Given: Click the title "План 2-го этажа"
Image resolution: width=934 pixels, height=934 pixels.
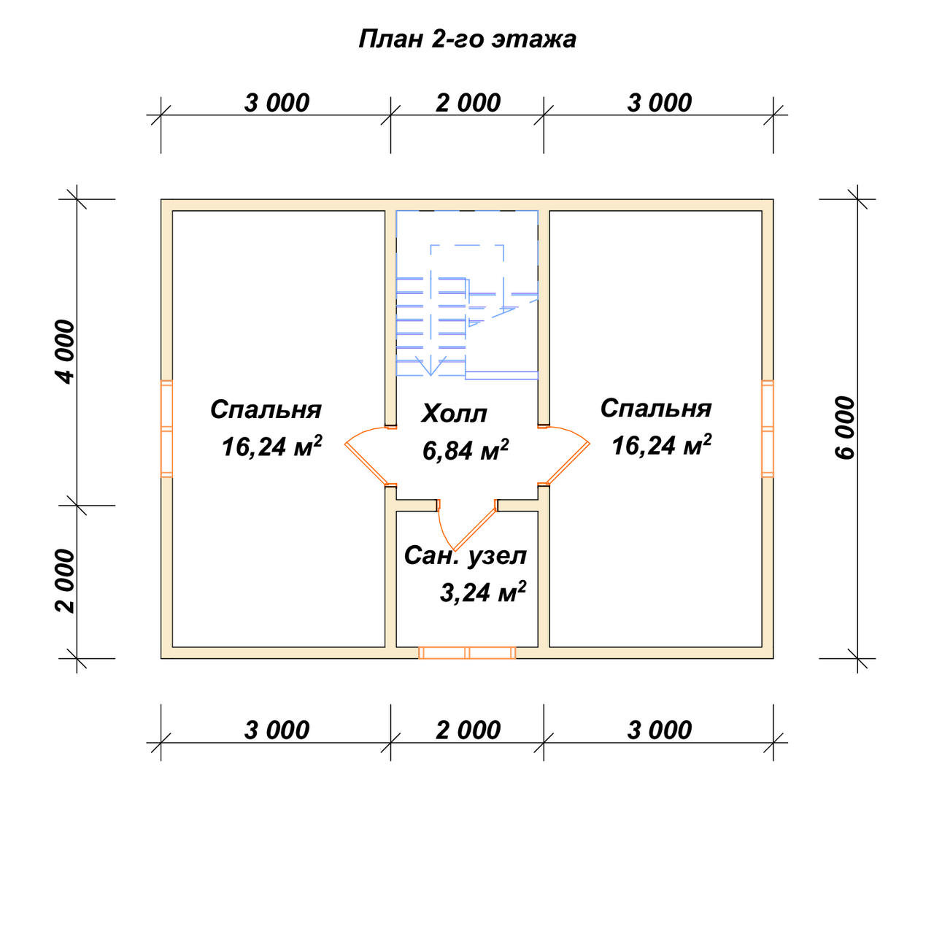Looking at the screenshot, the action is pos(467,39).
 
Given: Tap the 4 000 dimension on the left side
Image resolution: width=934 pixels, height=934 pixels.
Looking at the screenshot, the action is pos(66,352).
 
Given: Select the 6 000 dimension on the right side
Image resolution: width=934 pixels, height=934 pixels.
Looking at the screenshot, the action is pos(845,428).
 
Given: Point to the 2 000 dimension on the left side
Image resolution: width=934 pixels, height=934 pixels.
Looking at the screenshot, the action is pos(66,581).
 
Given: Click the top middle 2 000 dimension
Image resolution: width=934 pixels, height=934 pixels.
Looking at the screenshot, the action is pos(468,103).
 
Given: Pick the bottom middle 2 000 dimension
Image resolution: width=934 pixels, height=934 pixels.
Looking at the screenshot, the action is pos(468,730).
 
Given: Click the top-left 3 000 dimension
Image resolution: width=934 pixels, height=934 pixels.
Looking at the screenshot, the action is pos(277,103).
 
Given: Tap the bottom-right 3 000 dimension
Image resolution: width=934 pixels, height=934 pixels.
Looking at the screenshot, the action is pos(659,730).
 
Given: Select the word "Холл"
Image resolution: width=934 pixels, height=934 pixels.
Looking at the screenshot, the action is pos(454,414).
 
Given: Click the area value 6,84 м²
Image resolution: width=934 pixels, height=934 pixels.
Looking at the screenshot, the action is pos(466,450).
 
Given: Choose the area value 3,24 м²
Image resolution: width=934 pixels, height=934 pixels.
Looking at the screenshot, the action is pos(483,592).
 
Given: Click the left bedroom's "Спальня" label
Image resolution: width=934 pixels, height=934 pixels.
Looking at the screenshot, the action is pos(266,410).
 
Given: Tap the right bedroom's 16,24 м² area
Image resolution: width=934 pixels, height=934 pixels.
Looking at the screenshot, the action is pos(662,445).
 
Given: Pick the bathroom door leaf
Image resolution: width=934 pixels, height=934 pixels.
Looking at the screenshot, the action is pos(475,529).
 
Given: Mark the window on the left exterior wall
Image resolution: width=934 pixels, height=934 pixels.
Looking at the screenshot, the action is pos(166,428).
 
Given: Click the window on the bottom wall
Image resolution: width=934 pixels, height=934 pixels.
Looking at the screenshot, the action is pos(467,652).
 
